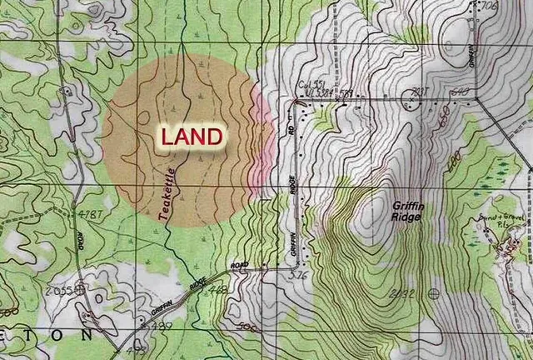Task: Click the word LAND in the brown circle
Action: coord(192,137)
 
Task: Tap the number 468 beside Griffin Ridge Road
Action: coord(218,290)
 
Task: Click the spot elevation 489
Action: coord(162,326)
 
